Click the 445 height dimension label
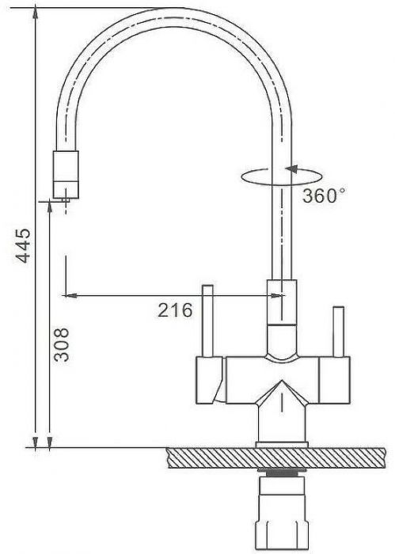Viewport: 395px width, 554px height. coord(24,245)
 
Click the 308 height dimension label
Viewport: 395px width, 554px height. coord(61,344)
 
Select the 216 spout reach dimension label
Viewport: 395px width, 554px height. coord(175,310)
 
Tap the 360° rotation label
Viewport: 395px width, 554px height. coord(324,195)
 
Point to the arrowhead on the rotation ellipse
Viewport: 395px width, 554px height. coord(292,169)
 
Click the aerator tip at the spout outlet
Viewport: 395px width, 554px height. coord(66,200)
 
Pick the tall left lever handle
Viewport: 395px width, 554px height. coord(207,321)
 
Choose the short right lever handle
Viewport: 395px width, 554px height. coord(339,332)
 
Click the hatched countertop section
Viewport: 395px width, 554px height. coord(276,458)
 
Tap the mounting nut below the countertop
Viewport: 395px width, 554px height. coord(282,528)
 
